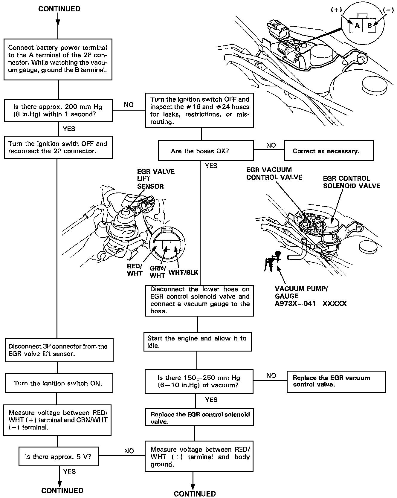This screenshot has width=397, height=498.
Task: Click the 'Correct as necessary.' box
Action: click(x=329, y=151)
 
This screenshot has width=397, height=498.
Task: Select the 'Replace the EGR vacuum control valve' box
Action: click(x=336, y=381)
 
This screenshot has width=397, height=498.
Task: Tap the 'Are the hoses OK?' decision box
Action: click(x=206, y=151)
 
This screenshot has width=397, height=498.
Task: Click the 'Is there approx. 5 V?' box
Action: click(x=59, y=456)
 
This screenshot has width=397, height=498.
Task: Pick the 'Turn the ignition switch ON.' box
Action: click(x=59, y=383)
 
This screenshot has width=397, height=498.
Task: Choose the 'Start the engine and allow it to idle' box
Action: click(x=197, y=342)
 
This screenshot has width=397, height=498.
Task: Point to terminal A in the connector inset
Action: click(x=357, y=25)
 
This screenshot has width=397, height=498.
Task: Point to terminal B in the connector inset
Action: click(x=369, y=25)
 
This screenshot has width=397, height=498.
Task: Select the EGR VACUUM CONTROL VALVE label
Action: click(x=274, y=173)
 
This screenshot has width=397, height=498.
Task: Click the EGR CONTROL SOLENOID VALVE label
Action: click(x=352, y=182)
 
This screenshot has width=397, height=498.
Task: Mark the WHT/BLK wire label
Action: click(x=183, y=272)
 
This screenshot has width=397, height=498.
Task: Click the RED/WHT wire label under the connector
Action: click(x=135, y=270)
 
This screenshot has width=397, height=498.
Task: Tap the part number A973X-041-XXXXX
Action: click(x=311, y=304)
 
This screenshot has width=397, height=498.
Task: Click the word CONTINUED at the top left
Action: click(x=59, y=9)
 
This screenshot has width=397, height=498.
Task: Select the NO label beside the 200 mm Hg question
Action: click(x=129, y=105)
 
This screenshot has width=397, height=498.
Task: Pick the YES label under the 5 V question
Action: click(x=69, y=471)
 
